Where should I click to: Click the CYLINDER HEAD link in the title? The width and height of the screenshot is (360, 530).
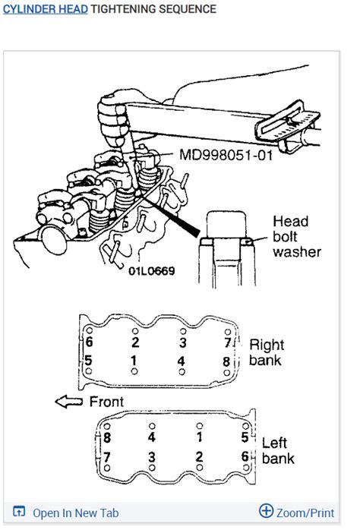pos(46,9)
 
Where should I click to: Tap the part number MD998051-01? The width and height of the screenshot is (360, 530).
pos(226,155)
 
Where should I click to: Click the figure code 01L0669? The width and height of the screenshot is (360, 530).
pos(152,270)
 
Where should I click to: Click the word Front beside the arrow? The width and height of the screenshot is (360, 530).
pos(106,401)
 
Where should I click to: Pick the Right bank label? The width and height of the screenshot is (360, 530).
pos(267,351)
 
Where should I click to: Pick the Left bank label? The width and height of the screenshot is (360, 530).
pos(278,450)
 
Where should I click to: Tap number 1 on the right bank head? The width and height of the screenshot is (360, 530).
pos(134,359)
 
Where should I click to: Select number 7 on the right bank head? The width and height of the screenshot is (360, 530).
pos(228,342)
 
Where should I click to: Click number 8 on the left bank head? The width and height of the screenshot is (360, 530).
pos(107,438)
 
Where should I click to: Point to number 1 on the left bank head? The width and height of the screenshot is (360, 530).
pos(199,438)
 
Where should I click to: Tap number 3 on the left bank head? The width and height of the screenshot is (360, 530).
pos(152,456)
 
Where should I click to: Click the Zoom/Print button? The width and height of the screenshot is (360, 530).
pos(312,513)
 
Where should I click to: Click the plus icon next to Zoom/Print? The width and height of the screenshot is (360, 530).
pos(266,511)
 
